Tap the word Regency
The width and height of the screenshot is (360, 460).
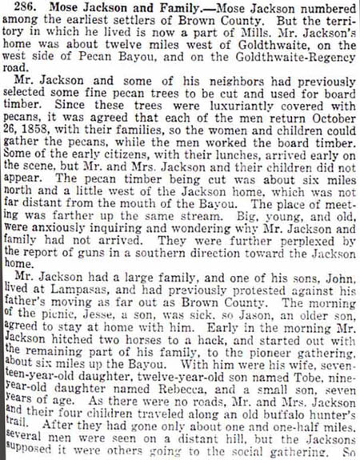(x=324, y=68)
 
